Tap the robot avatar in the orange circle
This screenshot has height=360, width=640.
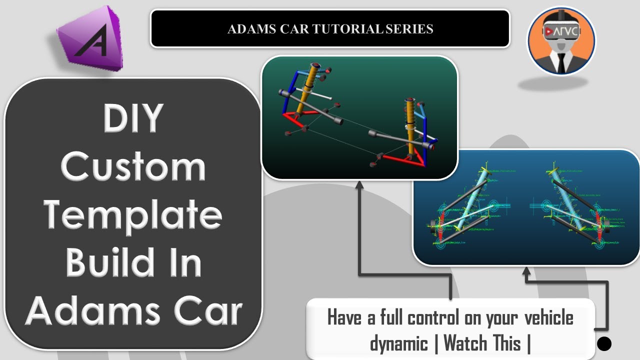[561, 41]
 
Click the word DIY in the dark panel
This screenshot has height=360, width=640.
[133, 118]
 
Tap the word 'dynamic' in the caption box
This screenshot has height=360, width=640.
[399, 343]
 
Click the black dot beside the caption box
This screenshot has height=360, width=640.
[604, 343]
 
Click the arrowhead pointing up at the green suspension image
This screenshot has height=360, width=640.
[359, 185]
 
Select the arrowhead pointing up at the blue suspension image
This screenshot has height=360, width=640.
[526, 271]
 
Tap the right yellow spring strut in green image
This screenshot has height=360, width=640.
[410, 125]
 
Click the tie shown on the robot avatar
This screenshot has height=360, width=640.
[562, 61]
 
